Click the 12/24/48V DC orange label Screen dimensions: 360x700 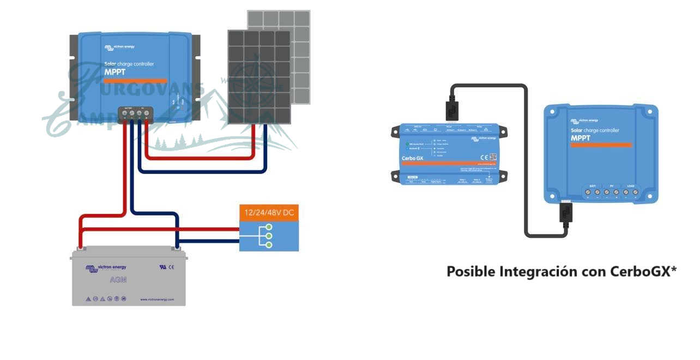[x=269, y=213]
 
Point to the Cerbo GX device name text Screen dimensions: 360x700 [x=412, y=158]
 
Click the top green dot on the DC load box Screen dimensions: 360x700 [x=268, y=226]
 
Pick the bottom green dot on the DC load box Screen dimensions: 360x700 [x=268, y=245]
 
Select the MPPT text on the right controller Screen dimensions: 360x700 [x=581, y=138]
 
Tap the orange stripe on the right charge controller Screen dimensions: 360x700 [x=601, y=145]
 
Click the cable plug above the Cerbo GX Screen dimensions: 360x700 [x=451, y=110]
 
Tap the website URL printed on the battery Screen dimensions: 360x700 [x=157, y=299]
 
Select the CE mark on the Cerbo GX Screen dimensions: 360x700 [x=484, y=157]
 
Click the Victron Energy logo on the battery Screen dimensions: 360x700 [x=106, y=267]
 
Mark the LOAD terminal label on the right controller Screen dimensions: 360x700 [x=630, y=186]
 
